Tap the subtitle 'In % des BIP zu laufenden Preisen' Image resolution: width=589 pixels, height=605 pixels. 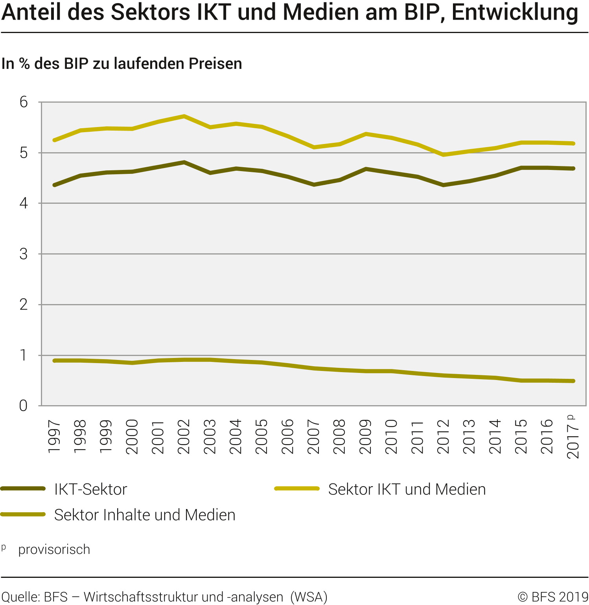click(121, 64)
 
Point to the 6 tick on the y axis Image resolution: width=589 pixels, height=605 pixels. click(24, 102)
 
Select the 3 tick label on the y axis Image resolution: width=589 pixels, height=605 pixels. click(24, 254)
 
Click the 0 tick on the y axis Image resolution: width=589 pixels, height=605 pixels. click(24, 406)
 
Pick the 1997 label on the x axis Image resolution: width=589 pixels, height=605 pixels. click(54, 437)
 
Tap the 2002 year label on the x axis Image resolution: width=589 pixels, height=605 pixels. click(184, 437)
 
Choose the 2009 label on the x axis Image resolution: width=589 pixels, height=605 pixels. click(366, 437)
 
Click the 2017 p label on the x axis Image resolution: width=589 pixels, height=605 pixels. click(573, 437)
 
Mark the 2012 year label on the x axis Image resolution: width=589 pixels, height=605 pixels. click(444, 437)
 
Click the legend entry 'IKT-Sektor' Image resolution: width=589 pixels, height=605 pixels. click(90, 489)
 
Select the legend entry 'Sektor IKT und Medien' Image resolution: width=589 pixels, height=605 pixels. click(407, 489)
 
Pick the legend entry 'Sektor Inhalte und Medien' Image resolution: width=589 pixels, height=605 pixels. click(144, 515)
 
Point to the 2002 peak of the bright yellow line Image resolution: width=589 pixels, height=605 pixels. click(184, 116)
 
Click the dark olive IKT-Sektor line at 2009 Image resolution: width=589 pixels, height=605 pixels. click(366, 169)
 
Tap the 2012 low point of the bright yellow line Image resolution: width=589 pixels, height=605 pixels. click(444, 155)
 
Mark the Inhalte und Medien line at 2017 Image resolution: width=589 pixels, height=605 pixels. click(573, 381)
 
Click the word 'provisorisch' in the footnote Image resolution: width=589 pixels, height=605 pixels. click(54, 550)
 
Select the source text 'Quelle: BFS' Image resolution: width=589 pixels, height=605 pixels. click(35, 597)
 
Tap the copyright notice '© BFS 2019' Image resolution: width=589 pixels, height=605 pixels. click(552, 597)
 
